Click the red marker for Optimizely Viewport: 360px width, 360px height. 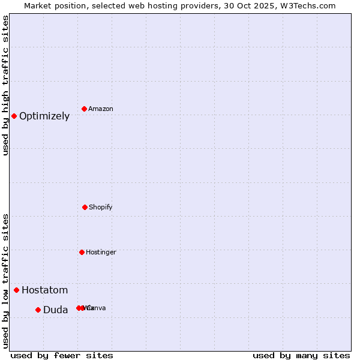(14, 116)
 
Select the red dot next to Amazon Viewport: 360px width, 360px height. (85, 109)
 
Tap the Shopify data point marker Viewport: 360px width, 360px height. (85, 207)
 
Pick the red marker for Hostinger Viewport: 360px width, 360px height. (82, 252)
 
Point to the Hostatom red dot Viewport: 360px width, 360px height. (16, 290)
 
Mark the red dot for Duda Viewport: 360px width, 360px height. (38, 310)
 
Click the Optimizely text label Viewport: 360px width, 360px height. (44, 116)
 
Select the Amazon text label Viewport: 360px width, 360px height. (101, 109)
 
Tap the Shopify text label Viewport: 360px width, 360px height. (101, 208)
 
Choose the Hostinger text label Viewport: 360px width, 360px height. (101, 253)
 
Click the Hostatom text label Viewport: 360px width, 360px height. (44, 290)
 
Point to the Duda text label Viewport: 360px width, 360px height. (55, 310)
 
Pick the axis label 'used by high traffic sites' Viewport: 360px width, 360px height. (6, 85)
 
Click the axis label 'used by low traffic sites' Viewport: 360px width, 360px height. (6, 281)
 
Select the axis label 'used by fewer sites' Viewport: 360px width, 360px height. (62, 355)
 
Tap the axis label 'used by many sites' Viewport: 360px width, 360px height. (301, 355)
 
